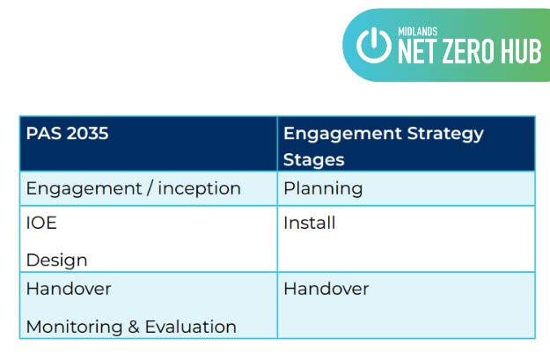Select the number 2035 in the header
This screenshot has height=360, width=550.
pos(87,133)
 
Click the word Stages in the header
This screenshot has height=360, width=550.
pos(314,160)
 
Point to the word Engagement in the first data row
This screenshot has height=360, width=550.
pos(84,189)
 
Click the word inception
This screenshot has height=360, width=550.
pos(199,189)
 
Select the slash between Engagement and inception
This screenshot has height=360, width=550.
pos(150,188)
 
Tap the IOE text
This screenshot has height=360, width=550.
pos(41,223)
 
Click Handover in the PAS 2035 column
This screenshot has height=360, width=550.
pos(69,289)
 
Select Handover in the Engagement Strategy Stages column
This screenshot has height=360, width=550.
pos(326,289)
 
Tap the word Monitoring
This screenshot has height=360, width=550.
pos(75,327)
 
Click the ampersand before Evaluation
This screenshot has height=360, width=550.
pos(134,327)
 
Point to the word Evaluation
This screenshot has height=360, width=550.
pos(191,327)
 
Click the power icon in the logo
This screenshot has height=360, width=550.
pos(374,45)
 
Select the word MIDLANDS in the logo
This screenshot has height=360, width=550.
pos(418,32)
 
